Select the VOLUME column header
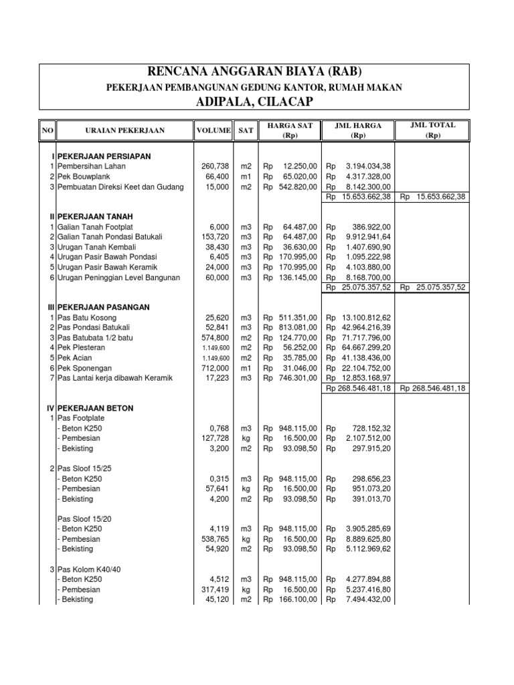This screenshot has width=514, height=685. [x=213, y=130]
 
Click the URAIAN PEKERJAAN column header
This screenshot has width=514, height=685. [x=124, y=130]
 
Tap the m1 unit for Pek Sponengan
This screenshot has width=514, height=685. [x=245, y=369]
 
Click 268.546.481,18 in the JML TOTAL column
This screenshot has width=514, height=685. [x=434, y=389]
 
